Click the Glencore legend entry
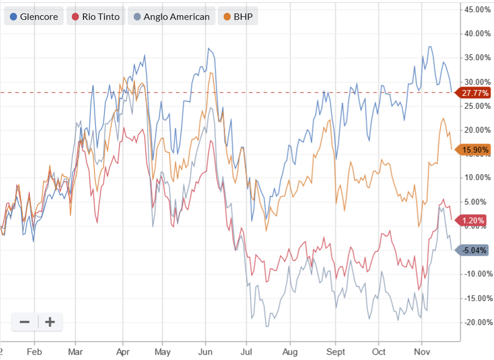tap(34, 16)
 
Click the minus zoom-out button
tap(25, 322)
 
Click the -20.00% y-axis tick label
tap(476, 322)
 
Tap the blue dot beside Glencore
tap(13, 16)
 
